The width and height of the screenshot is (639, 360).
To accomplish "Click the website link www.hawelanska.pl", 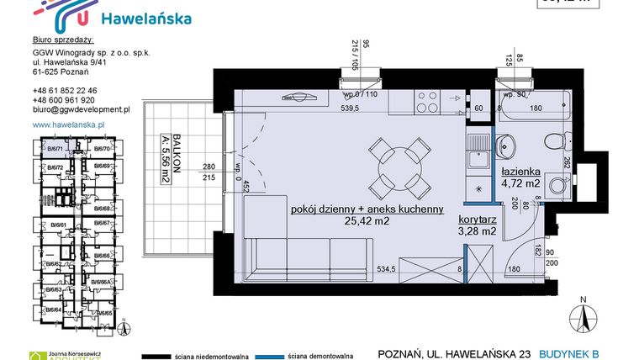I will click(67, 124).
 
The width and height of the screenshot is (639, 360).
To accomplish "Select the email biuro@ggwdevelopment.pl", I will click(81, 109).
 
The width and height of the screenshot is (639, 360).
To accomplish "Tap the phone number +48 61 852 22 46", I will click(65, 90).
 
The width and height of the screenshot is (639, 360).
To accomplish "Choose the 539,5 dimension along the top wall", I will click(348, 108).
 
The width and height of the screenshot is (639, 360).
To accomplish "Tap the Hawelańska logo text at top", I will click(145, 19).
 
